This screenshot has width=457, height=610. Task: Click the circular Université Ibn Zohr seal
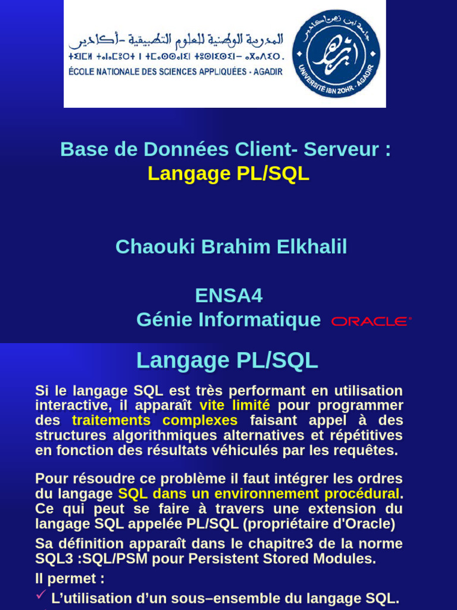(x=336, y=54)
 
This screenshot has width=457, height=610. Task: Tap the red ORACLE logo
(x=371, y=321)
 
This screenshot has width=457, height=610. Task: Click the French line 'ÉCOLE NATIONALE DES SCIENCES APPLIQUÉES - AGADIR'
(x=176, y=71)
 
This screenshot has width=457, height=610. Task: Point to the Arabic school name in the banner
(x=176, y=41)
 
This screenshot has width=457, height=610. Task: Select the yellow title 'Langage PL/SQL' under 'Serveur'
(x=228, y=173)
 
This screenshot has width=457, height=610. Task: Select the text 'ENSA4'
(x=228, y=295)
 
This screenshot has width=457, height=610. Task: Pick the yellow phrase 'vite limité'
(x=234, y=406)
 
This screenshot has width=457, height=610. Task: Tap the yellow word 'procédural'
(x=365, y=494)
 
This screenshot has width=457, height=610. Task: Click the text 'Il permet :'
(x=70, y=578)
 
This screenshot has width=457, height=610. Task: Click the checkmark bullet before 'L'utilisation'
(x=41, y=596)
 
